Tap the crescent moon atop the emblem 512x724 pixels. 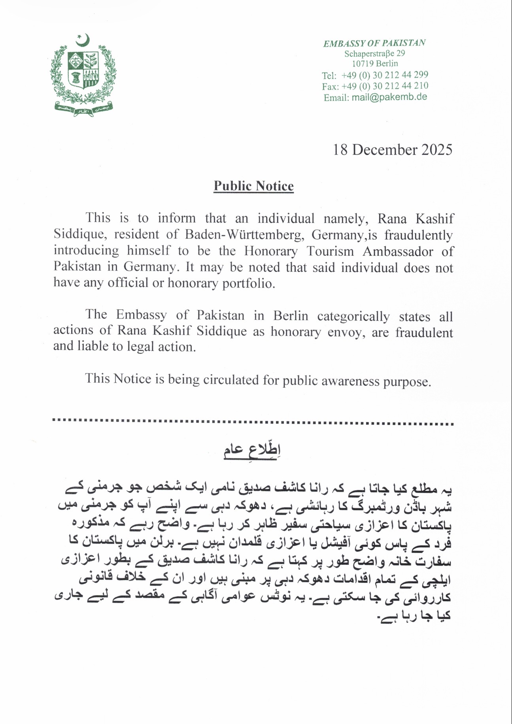83,40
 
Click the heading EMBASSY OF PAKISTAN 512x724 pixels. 374,43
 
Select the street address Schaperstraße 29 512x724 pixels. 374,53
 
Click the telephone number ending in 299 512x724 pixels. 385,75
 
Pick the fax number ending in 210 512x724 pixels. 385,86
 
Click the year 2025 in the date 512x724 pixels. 436,150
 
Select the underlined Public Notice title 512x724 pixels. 253,186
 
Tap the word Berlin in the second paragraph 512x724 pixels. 291,316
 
